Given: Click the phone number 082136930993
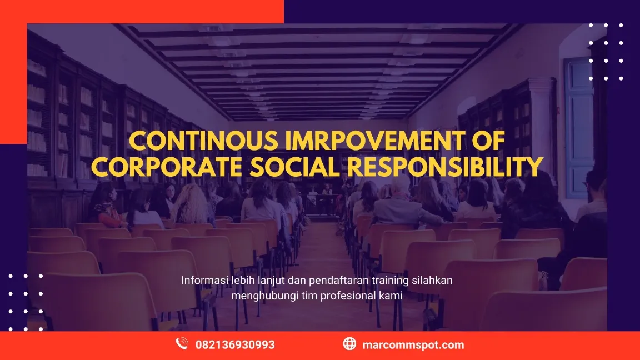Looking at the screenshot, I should (235, 345).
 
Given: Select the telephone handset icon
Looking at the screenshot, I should (182, 344).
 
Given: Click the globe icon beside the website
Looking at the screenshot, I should (349, 344).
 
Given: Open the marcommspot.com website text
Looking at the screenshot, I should (413, 345).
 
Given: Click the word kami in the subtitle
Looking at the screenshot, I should (392, 296).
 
